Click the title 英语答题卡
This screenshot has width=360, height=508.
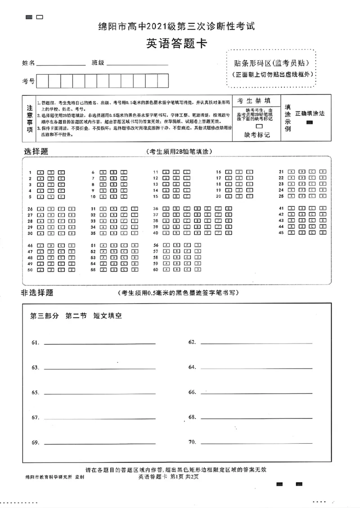point(176,44)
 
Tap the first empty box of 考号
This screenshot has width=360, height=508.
point(42,81)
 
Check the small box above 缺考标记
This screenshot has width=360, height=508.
point(258,126)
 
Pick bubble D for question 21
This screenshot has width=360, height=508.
point(322,172)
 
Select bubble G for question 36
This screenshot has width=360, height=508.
point(229,209)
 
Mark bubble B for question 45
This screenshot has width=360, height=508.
point(301,233)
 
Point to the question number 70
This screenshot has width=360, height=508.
point(192,442)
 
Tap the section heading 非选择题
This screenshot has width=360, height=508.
point(37,293)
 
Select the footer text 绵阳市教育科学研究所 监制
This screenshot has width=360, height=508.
point(55,477)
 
